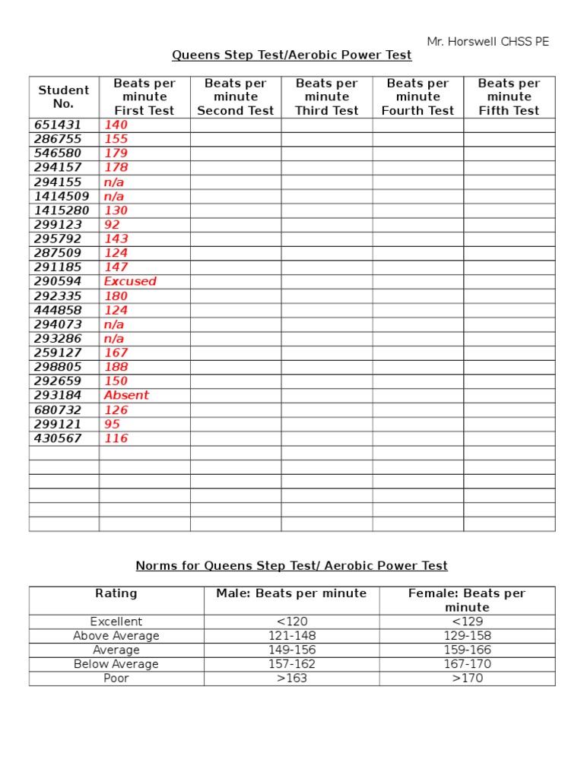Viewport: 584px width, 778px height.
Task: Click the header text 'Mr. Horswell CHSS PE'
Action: [487, 42]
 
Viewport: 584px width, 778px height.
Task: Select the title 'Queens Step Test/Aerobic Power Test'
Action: [292, 55]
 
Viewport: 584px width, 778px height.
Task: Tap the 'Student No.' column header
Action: [64, 96]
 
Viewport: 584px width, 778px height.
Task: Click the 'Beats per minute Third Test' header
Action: [327, 96]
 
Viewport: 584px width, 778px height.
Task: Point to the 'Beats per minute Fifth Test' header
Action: [509, 96]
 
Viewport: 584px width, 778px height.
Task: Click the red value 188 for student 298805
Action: [116, 367]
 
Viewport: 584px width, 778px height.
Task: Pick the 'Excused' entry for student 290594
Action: [130, 281]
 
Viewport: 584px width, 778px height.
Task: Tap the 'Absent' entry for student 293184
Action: [126, 395]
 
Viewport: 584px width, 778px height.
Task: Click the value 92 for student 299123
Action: [112, 225]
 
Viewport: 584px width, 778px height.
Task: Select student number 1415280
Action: [62, 210]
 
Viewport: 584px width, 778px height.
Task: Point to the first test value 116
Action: [116, 438]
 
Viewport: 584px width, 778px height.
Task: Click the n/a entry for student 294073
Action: [114, 324]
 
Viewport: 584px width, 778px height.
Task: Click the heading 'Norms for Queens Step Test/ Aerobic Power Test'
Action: [292, 566]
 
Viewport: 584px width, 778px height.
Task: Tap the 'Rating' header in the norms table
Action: [116, 593]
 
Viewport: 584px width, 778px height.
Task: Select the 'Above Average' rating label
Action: [116, 636]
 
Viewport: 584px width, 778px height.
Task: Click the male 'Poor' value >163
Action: [292, 678]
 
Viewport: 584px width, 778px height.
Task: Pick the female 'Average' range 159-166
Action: [468, 650]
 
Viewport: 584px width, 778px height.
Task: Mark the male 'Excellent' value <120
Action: [292, 621]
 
